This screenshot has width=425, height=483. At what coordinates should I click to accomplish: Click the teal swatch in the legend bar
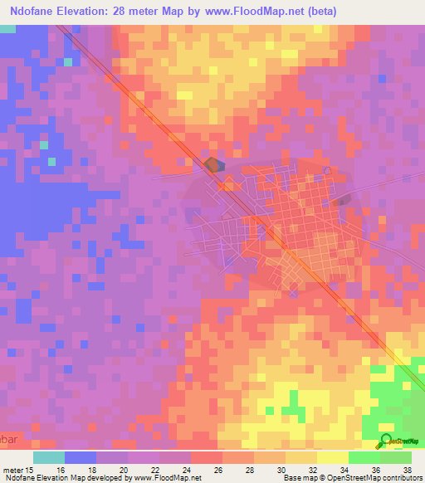(49, 456)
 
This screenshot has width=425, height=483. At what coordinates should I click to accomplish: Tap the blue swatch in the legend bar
(81, 456)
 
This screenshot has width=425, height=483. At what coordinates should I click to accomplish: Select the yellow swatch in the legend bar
(332, 456)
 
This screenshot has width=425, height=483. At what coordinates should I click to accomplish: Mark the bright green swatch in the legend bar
(364, 456)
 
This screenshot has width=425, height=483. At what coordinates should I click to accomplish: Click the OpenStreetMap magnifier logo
(385, 441)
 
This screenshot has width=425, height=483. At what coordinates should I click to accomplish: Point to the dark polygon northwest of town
(214, 165)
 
